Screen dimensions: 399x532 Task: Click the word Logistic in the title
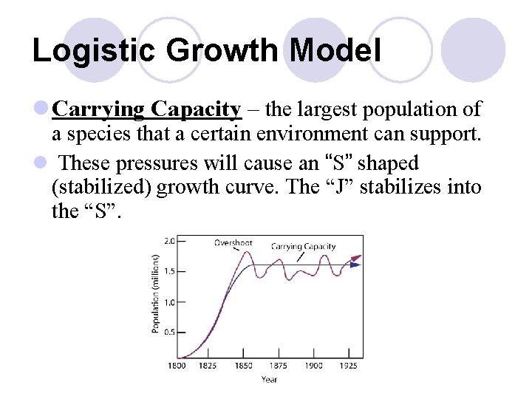pyautogui.click(x=82, y=50)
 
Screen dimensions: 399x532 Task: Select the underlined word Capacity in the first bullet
pyautogui.click(x=196, y=110)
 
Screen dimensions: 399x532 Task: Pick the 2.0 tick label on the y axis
pyautogui.click(x=169, y=240)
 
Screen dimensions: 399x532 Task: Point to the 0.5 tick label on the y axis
pyautogui.click(x=169, y=331)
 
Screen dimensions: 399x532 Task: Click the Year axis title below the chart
pyautogui.click(x=269, y=380)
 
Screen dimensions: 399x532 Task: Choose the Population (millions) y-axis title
pyautogui.click(x=156, y=293)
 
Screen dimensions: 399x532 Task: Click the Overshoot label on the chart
pyautogui.click(x=233, y=242)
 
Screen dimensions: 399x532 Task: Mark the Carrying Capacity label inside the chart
pyautogui.click(x=303, y=246)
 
